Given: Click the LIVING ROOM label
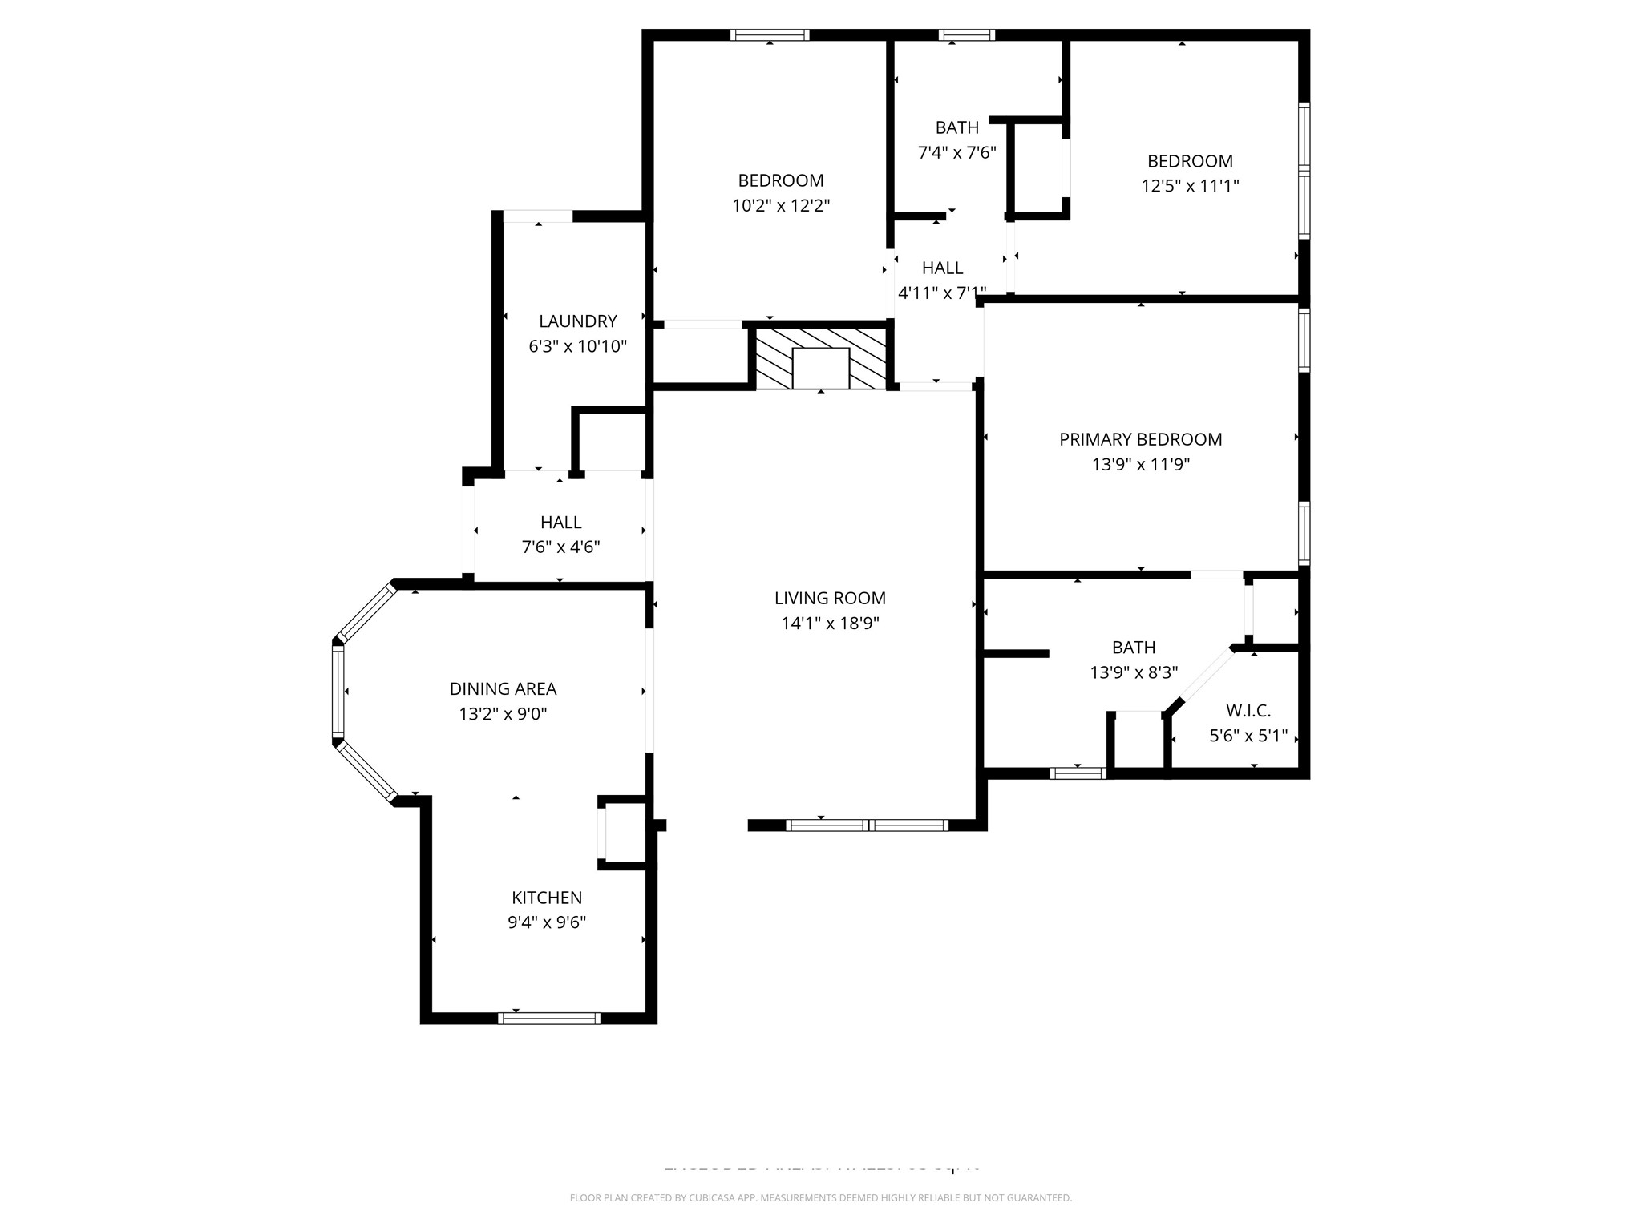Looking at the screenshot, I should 830,598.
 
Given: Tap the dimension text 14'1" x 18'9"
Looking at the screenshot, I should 830,624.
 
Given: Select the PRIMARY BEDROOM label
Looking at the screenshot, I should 1140,439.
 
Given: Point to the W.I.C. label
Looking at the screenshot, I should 1248,711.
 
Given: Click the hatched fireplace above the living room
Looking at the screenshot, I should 821,357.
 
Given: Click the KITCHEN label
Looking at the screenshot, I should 547,898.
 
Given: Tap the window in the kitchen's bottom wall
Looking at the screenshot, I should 549,1019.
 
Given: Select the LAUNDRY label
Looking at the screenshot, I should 577,321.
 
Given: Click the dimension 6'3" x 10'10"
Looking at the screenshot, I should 577,347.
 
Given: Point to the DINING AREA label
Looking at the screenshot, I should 503,688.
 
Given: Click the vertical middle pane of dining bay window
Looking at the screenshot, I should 338,692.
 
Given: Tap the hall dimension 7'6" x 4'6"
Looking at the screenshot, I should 560,547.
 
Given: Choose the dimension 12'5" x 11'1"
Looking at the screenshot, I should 1190,186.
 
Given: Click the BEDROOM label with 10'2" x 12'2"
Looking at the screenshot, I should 780,180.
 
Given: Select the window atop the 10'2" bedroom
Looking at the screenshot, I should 770,35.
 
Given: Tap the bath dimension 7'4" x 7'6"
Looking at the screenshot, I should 956,152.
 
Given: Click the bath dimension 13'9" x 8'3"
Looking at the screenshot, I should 1134,672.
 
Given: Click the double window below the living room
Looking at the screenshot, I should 868,825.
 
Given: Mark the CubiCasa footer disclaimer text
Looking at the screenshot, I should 820,1198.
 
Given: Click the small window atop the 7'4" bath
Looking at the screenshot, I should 967,35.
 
